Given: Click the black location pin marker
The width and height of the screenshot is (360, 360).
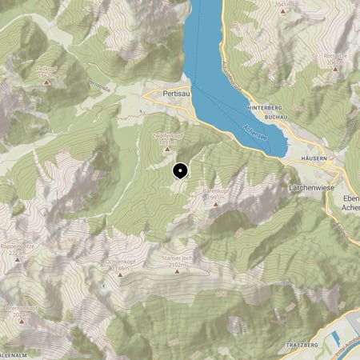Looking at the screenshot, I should (180, 170).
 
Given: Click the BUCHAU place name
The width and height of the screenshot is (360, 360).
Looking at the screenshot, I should (274, 117).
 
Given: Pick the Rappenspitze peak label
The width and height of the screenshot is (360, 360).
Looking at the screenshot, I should (18, 246).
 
